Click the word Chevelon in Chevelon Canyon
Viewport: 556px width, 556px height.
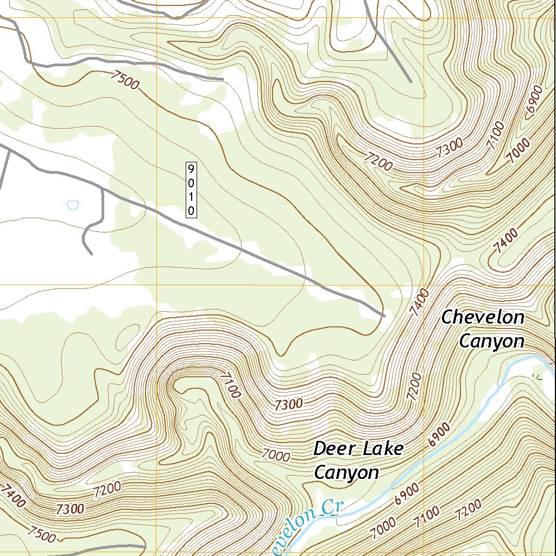(x=483, y=317)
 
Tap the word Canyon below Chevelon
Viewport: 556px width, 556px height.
(x=491, y=341)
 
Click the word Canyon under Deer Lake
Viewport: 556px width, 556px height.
(x=346, y=472)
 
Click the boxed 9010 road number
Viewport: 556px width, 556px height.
(x=191, y=189)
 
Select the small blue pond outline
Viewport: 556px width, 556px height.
(x=73, y=205)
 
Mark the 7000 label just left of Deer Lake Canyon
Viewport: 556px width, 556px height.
(x=275, y=454)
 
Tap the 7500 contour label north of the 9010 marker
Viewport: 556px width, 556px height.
(x=124, y=80)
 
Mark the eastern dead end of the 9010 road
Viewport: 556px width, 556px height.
(x=384, y=315)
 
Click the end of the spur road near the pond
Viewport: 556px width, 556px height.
(x=91, y=253)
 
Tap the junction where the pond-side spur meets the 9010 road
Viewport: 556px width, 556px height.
(x=103, y=190)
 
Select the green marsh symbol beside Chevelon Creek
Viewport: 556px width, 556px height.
(x=538, y=375)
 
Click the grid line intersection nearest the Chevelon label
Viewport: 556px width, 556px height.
(x=424, y=285)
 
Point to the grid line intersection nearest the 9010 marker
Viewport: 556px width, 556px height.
(x=157, y=285)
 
